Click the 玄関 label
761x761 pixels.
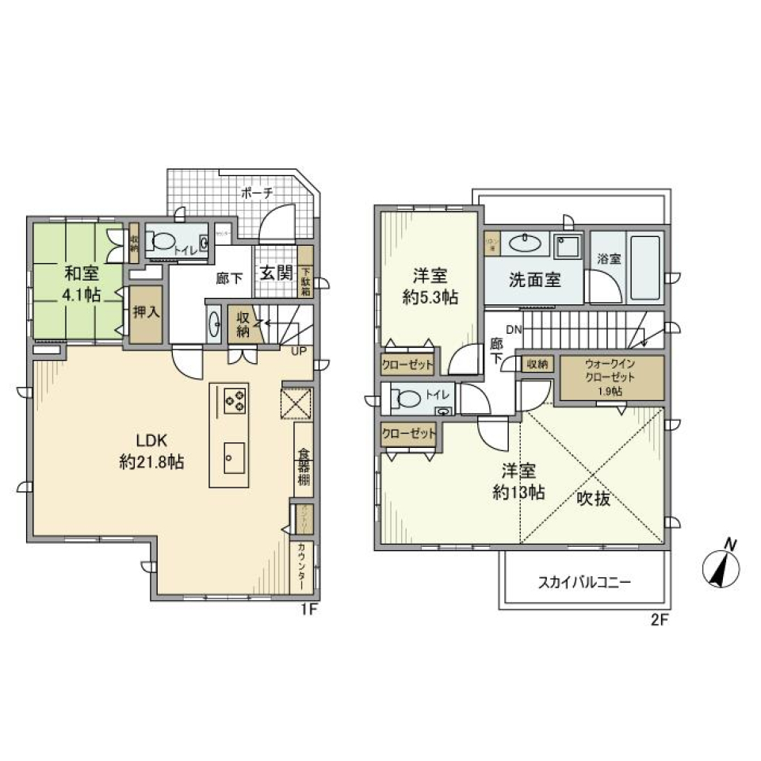coord(275,273)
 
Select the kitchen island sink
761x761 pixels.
coord(234,458)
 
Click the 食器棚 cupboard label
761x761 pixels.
coord(304,467)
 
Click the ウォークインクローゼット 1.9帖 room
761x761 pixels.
coord(612,378)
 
